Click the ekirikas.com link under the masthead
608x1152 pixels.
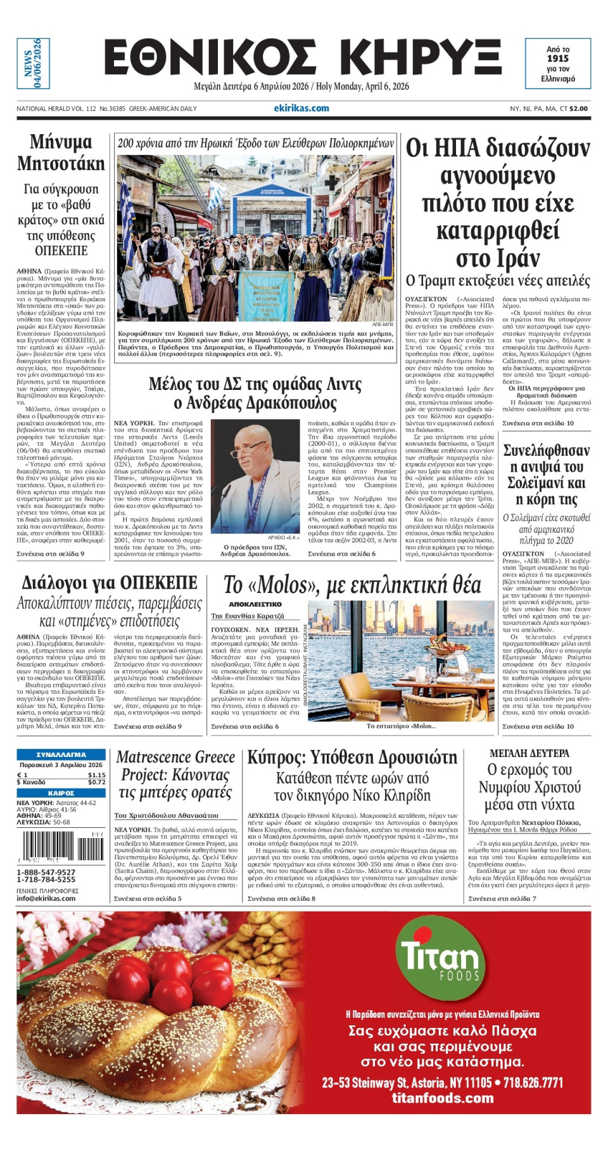[x=301, y=108]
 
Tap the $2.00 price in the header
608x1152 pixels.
[x=578, y=109]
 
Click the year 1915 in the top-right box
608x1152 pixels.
[x=558, y=58]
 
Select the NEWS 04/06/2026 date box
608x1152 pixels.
[x=33, y=63]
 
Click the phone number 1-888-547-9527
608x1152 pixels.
[x=46, y=872]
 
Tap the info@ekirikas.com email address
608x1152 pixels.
[x=46, y=898]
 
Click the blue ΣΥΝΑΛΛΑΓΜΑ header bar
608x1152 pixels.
[x=61, y=754]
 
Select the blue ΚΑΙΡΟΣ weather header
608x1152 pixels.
[x=61, y=793]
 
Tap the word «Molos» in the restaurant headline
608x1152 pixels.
[x=282, y=585]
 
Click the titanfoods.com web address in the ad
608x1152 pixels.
[x=442, y=1098]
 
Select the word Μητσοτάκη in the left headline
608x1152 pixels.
[x=61, y=163]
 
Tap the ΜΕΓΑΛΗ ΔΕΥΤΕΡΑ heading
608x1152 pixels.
[x=529, y=753]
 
